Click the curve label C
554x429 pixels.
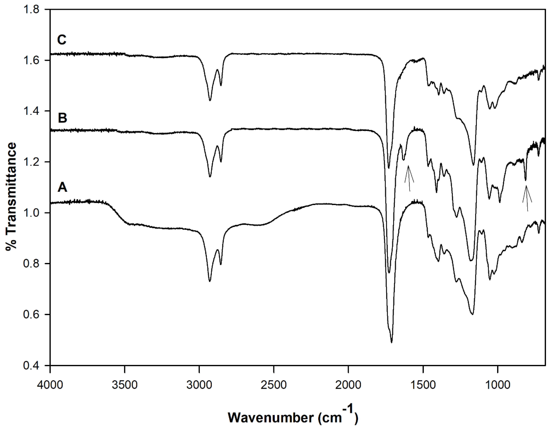click(62, 40)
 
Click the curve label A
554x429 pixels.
click(62, 188)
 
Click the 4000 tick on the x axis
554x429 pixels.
click(50, 385)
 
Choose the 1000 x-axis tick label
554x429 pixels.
click(497, 385)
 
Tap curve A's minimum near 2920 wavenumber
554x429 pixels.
click(210, 281)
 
